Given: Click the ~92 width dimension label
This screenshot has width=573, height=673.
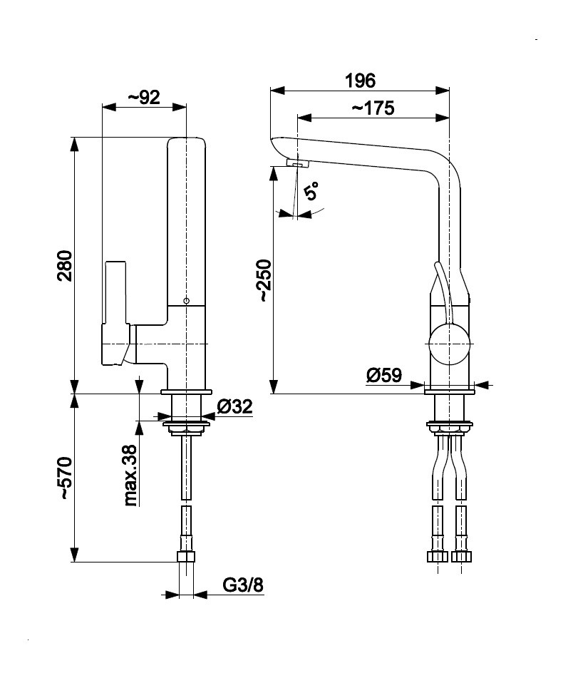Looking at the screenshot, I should (143, 98).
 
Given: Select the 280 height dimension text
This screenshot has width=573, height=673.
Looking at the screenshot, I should (65, 265).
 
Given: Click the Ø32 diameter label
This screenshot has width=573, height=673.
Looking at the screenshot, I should (234, 407).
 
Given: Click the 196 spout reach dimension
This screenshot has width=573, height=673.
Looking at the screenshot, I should (360, 80).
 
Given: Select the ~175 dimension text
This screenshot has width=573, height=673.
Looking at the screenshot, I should (373, 108).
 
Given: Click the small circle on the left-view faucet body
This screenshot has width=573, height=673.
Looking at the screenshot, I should (186, 301).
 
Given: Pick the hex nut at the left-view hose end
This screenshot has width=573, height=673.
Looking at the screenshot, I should (186, 557).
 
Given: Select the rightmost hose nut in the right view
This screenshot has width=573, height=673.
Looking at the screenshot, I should (463, 557).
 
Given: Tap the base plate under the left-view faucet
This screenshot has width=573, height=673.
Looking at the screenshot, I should (187, 393).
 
